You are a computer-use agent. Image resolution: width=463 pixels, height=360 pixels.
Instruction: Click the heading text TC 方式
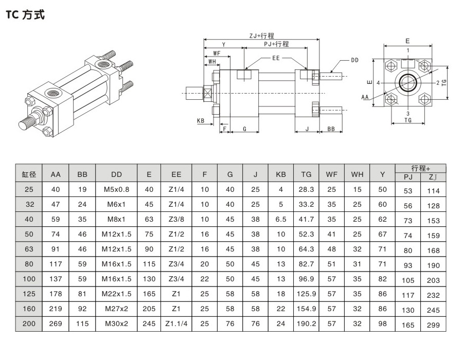pyautogui.click(x=25, y=15)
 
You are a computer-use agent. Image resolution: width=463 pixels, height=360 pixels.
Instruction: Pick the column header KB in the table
pyautogui.click(x=280, y=174)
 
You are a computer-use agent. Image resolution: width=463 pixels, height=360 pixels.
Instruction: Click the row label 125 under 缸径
pyautogui.click(x=30, y=294)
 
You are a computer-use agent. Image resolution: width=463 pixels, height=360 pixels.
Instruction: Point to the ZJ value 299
pyautogui.click(x=433, y=325)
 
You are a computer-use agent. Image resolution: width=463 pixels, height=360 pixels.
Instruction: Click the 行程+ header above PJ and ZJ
pyautogui.click(x=420, y=169)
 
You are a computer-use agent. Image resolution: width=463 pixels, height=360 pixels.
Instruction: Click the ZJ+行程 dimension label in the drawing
pyautogui.click(x=261, y=35)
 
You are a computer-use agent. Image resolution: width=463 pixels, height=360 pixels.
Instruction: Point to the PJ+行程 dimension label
pyautogui.click(x=276, y=44)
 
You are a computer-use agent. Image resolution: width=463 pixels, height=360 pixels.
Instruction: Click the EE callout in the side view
pyautogui.click(x=276, y=59)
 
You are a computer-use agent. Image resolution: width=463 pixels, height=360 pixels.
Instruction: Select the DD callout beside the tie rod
pyautogui.click(x=354, y=60)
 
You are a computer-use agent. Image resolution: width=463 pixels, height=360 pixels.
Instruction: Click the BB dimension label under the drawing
pyautogui.click(x=332, y=130)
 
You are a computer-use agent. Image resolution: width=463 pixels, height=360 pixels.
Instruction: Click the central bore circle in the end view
pyautogui.click(x=407, y=82)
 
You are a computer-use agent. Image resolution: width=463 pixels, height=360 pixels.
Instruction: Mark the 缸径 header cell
pyautogui.click(x=30, y=174)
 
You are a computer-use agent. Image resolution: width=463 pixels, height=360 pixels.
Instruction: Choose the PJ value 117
pyautogui.click(x=408, y=295)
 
